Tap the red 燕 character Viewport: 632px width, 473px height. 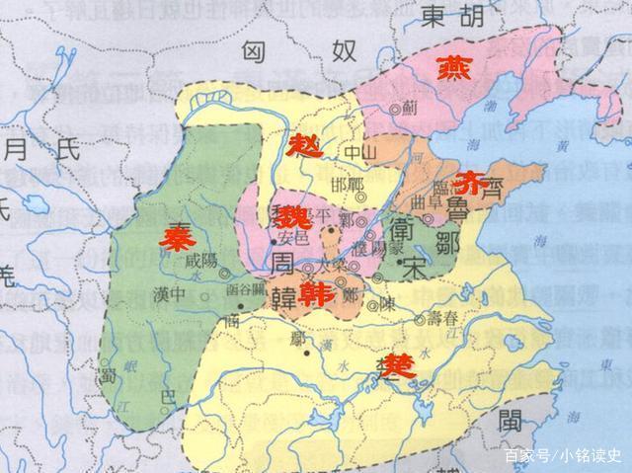pos(457,67)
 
